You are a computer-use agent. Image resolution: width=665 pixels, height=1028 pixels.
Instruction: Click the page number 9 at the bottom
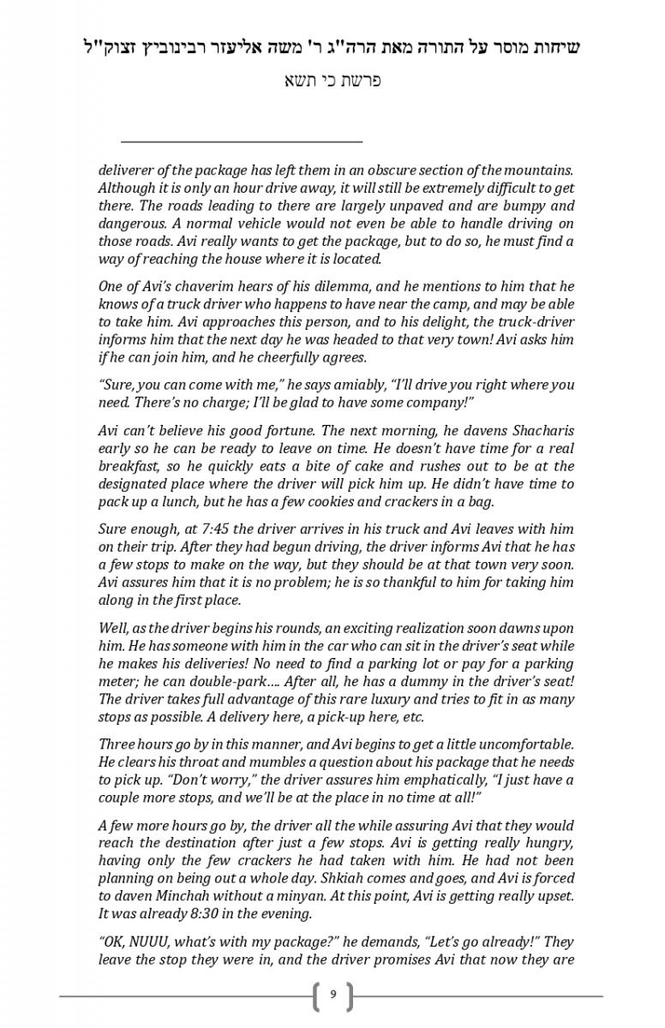tap(332, 995)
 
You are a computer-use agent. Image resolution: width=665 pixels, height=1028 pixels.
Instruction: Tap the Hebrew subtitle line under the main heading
tap(332, 81)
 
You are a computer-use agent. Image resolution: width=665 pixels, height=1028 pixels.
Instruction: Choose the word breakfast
tap(129, 466)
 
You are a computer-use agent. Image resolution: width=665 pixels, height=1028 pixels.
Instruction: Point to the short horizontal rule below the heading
tap(242, 140)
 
